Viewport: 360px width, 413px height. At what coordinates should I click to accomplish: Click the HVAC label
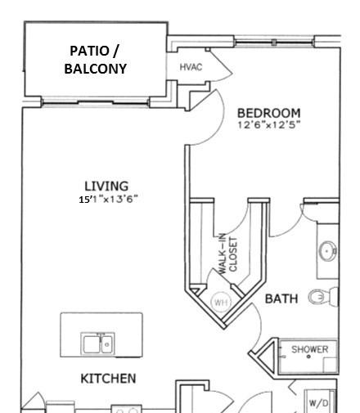[x=191, y=67]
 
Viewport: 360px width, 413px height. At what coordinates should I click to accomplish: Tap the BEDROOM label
[x=268, y=113]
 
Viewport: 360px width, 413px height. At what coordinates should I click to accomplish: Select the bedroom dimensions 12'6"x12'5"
[x=268, y=125]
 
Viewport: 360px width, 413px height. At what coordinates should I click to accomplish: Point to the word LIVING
[x=106, y=186]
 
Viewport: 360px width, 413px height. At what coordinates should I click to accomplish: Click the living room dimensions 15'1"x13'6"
[x=108, y=200]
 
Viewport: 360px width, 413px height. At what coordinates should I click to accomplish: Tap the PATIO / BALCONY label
[x=95, y=60]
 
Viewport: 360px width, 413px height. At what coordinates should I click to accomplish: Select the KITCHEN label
[x=108, y=379]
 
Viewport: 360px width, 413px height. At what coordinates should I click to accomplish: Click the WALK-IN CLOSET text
[x=228, y=254]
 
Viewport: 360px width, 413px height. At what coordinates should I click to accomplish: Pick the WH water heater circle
[x=221, y=302]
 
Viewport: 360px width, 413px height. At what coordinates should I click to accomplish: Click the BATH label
[x=281, y=299]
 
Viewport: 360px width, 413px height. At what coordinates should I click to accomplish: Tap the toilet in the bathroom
[x=323, y=297]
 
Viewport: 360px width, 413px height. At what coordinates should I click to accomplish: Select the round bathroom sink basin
[x=327, y=251]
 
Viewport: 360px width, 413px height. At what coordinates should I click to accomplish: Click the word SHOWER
[x=310, y=349]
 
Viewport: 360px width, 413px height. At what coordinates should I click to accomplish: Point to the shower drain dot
[x=308, y=357]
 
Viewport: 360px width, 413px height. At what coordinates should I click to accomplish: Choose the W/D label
[x=318, y=403]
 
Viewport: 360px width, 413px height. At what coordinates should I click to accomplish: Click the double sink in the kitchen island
[x=97, y=344]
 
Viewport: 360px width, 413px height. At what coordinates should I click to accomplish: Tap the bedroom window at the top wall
[x=274, y=43]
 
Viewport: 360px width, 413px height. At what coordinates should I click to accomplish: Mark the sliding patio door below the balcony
[x=96, y=103]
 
